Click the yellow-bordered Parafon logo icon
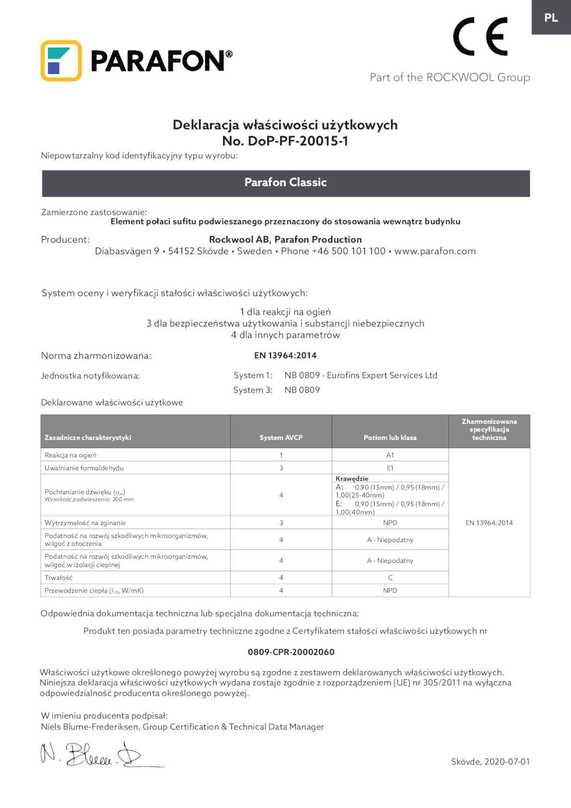(x=61, y=60)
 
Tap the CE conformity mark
(x=480, y=36)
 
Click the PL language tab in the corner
(x=551, y=18)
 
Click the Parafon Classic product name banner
(x=285, y=182)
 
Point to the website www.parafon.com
(x=435, y=251)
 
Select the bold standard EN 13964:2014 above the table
(x=285, y=356)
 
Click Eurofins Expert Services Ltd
(x=382, y=375)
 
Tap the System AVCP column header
(x=281, y=438)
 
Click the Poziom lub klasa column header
(x=390, y=438)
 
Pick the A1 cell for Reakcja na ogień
(x=390, y=455)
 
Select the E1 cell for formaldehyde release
(x=390, y=468)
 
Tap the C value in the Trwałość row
(x=390, y=578)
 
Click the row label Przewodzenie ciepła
(x=94, y=591)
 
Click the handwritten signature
(x=96, y=755)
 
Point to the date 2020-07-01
(x=507, y=761)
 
